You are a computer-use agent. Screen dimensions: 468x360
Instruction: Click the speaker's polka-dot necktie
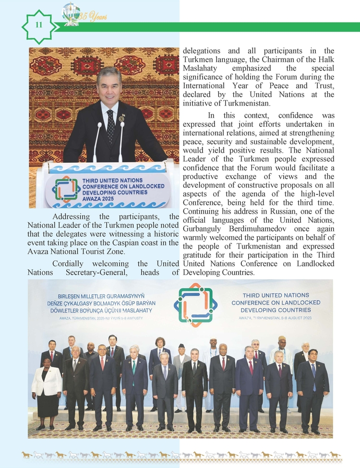coord(111,126)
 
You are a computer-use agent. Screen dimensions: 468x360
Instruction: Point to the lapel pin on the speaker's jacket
coord(122,118)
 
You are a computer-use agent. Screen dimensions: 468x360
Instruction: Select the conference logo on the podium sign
coord(66,190)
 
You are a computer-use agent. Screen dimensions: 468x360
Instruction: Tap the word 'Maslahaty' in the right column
coord(200,68)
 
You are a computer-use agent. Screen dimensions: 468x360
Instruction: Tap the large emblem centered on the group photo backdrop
coord(195,304)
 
